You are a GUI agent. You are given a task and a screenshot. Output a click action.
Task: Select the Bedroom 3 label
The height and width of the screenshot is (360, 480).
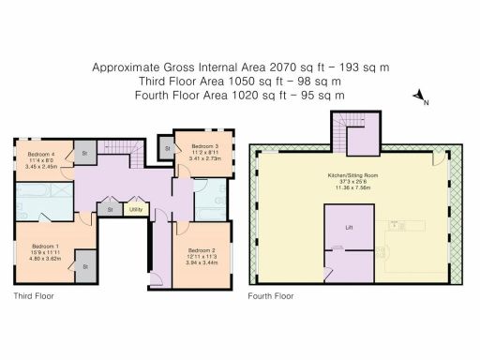(x=205, y=146)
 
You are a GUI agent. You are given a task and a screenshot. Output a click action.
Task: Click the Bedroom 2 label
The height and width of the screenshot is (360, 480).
(x=202, y=250)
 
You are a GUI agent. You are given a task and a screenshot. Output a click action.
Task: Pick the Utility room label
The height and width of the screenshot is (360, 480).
(x=135, y=209)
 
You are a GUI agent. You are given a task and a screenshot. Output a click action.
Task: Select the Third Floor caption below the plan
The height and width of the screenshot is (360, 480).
(x=33, y=295)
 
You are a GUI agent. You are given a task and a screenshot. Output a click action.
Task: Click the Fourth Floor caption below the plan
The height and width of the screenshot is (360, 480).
(x=271, y=295)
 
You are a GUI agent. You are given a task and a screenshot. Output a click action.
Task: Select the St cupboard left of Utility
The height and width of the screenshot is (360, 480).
(x=111, y=209)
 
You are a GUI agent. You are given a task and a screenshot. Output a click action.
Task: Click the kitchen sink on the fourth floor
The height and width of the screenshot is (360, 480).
(x=398, y=225)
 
